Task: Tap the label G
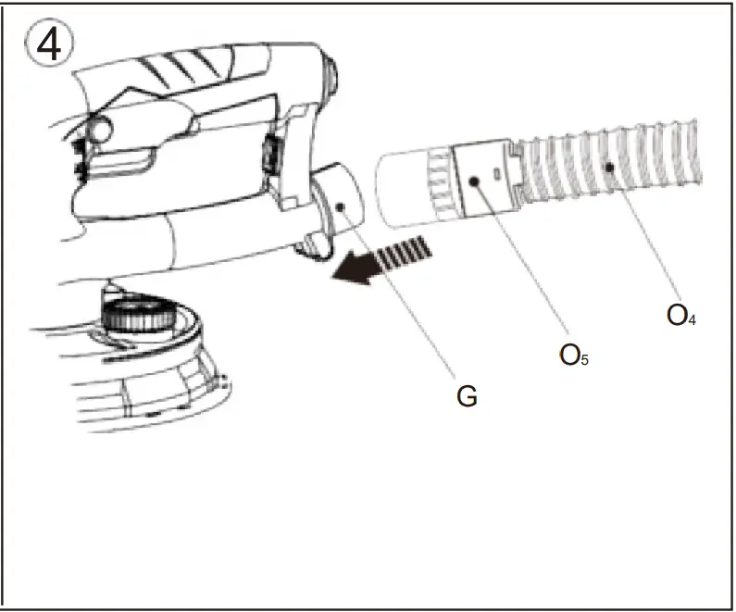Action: coord(467,396)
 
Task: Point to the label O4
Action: coord(681,315)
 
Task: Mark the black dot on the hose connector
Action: coord(474,182)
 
